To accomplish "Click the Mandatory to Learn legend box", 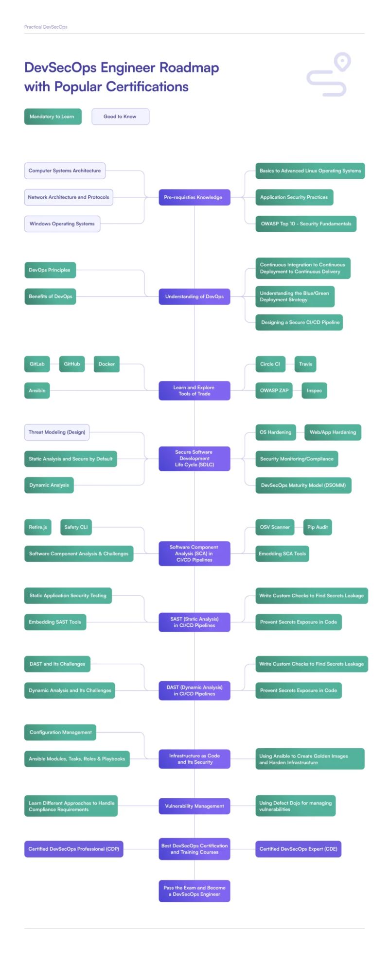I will coord(53,117).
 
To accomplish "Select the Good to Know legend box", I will coord(120,117).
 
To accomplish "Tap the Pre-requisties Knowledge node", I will coord(194,197).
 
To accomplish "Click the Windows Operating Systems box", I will coord(62,224).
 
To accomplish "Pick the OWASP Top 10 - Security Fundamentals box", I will coord(306,224).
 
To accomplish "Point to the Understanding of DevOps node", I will coord(194,296).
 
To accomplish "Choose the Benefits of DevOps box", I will coord(50,296).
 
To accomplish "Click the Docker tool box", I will coord(106,364).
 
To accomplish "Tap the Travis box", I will coord(305,364).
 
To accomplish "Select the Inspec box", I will coord(314,391).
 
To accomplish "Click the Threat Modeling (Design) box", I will coord(57,432).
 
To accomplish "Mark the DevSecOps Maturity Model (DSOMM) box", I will coord(303,485).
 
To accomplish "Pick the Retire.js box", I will coord(38,527).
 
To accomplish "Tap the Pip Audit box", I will coord(317,527).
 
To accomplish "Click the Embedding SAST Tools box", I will coord(55,622).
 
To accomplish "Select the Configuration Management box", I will coord(60,732).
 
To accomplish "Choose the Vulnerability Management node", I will coord(194,806).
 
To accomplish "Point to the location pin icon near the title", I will coord(343,62).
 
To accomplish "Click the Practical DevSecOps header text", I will coord(46,27).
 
